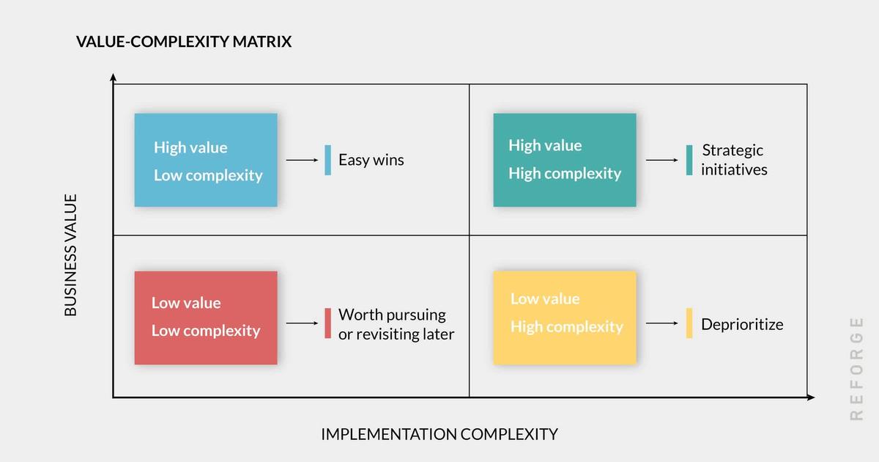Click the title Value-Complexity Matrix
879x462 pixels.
point(184,41)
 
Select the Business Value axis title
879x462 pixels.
point(70,255)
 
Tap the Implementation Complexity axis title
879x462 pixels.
point(439,434)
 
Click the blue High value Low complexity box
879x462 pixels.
point(206,161)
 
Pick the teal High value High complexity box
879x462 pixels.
point(565,161)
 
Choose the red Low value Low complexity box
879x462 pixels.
point(206,318)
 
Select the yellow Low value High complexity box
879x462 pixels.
point(565,318)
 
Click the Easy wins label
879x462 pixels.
point(371,161)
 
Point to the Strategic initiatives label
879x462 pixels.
point(734,160)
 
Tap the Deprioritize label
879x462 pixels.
point(742,324)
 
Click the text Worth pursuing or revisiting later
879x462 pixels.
point(396,324)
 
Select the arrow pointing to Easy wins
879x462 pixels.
point(302,161)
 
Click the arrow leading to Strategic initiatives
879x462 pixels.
point(662,161)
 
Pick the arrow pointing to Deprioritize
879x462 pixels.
point(662,323)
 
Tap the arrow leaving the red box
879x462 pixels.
point(302,323)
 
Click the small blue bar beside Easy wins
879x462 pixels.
point(327,161)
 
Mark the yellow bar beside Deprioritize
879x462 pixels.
point(689,323)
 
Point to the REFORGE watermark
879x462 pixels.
point(856,369)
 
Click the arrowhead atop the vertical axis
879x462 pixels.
point(113,77)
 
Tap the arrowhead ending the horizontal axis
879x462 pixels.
point(811,397)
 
